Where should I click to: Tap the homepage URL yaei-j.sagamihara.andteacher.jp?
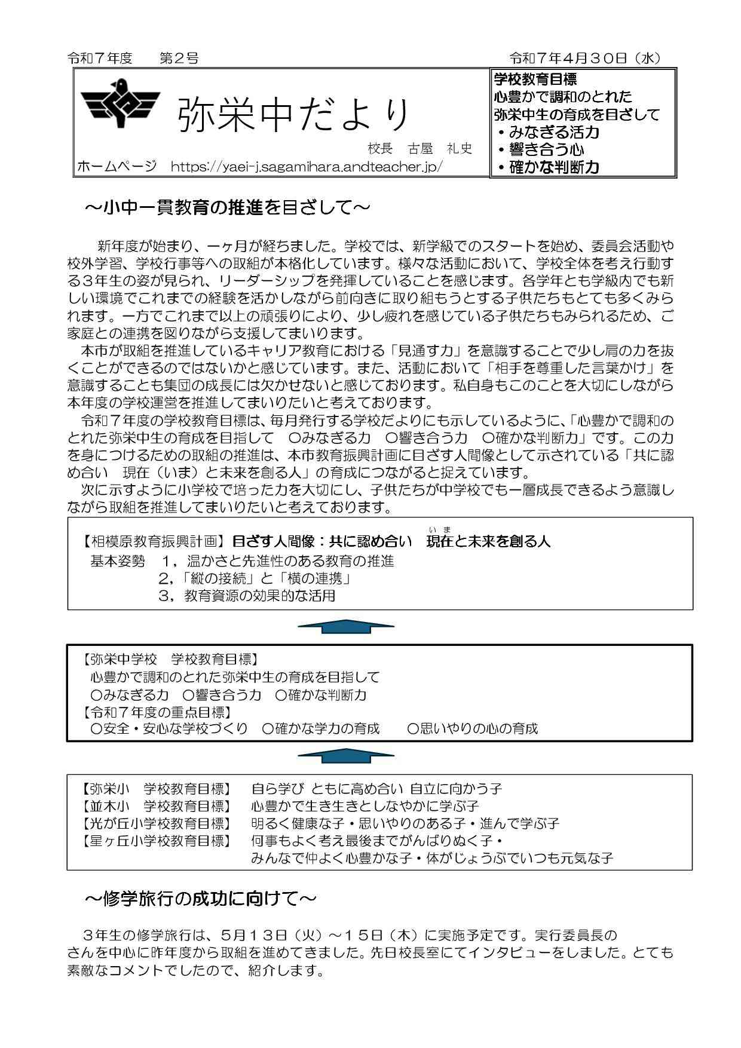pos(307,166)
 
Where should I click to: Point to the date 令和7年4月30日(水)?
pos(584,58)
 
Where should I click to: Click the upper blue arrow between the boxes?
pos(346,626)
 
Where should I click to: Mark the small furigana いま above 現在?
pos(439,529)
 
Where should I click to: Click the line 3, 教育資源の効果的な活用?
pos(247,596)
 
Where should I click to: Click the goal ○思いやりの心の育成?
pos(472,728)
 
